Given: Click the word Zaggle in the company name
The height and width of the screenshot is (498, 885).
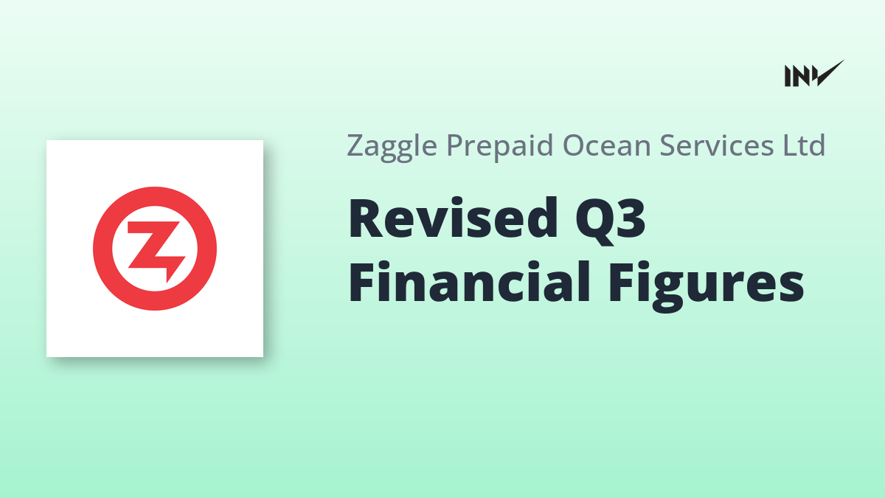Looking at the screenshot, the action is (392, 147).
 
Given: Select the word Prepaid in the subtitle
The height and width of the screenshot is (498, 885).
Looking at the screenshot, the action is (499, 147).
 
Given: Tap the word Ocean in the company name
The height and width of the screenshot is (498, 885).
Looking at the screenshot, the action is (606, 145).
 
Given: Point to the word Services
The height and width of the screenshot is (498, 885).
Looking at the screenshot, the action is (716, 145).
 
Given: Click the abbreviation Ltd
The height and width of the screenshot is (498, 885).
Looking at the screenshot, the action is (804, 145).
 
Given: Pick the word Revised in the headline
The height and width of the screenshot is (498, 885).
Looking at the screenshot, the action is (452, 218).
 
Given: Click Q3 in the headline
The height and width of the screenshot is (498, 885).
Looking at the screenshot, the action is (610, 221).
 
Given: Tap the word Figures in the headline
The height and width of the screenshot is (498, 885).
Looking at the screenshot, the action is (706, 286).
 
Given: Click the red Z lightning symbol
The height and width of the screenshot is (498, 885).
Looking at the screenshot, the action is (156, 250).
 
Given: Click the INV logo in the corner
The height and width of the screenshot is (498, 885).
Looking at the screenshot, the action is (814, 74).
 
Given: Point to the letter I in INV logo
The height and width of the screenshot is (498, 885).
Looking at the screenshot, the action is (788, 76).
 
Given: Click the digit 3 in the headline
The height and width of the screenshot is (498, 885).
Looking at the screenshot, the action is (631, 218).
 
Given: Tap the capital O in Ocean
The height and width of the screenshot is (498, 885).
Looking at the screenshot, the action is (573, 146).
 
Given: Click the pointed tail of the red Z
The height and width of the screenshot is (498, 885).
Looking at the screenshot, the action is (168, 281).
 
